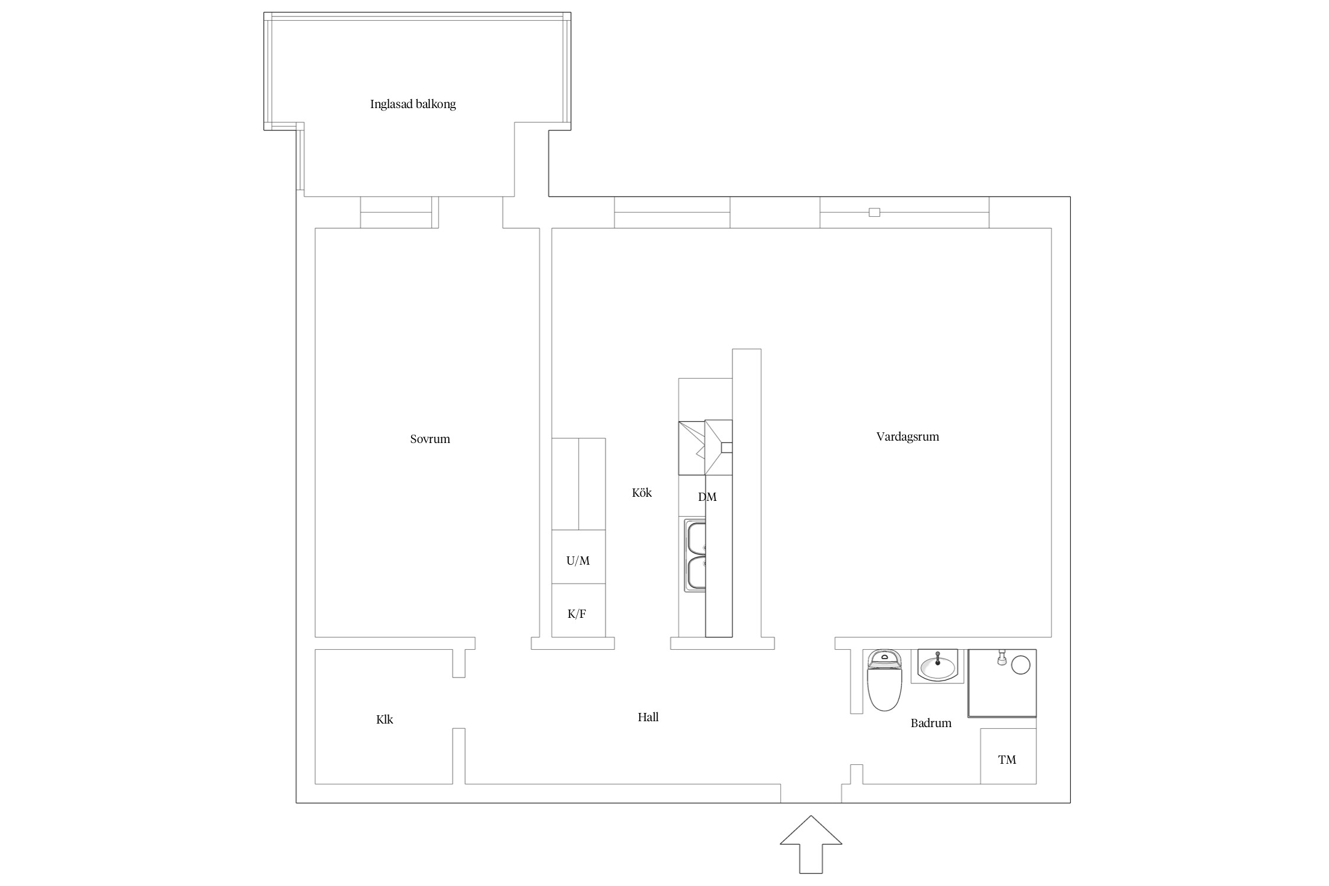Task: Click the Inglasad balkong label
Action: [413, 105]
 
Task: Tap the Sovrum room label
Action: [430, 439]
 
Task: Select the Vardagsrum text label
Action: [907, 437]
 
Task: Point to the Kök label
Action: [641, 493]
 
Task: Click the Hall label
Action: [648, 717]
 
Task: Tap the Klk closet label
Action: [385, 719]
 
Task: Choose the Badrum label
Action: [931, 723]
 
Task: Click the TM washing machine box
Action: [1008, 756]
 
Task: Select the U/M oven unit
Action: [578, 557]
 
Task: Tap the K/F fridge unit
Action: [578, 610]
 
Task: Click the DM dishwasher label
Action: [707, 497]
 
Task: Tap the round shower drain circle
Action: [1021, 665]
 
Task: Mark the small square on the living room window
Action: [874, 212]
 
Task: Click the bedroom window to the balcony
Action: [399, 212]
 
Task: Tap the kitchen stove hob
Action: [705, 447]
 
